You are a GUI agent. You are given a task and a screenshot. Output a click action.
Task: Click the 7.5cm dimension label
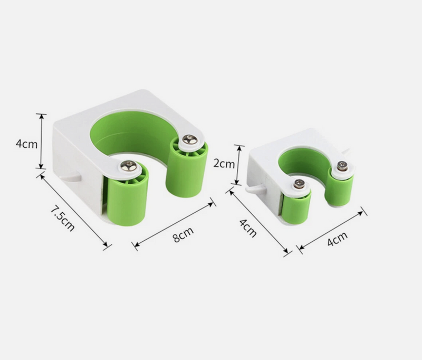[62, 219]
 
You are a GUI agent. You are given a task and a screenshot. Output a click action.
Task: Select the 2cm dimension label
[224, 164]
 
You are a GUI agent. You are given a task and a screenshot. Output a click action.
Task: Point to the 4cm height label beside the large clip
[25, 143]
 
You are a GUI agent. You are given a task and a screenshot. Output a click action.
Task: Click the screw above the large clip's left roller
[128, 166]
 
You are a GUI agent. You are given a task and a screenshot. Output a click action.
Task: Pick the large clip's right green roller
[187, 169]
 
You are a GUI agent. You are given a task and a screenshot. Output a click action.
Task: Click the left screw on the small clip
[300, 184]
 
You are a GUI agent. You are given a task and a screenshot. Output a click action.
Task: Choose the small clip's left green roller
[296, 207]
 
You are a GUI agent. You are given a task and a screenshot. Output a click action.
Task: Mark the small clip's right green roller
[339, 189]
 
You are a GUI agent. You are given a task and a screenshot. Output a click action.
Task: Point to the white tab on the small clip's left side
[255, 187]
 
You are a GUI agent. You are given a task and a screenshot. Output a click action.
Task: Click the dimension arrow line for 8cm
[174, 222]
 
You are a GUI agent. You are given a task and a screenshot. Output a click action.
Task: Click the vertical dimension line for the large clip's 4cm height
[41, 141]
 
